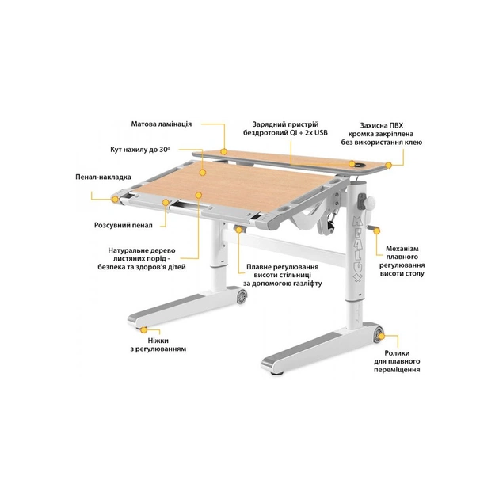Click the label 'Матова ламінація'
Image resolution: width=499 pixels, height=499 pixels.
coord(162,124)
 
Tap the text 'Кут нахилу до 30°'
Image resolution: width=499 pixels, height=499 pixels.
coord(140,150)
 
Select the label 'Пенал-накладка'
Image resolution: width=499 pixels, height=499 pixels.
coord(103,177)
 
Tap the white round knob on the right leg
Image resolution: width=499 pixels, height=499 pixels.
coord(370,203)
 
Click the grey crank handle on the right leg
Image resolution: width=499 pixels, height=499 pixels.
coord(373,228)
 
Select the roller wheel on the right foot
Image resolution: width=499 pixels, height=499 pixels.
coord(378,336)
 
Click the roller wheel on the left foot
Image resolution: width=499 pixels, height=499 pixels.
coord(242,296)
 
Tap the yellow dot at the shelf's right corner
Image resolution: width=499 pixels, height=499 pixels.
coord(388,166)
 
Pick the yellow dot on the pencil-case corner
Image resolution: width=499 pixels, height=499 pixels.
coord(115,200)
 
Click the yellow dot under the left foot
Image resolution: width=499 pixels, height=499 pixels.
coord(144,329)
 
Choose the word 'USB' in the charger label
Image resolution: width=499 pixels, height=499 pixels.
coord(321,133)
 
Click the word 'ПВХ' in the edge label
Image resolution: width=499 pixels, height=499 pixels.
coord(396,125)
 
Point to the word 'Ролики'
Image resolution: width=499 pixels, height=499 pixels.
coord(397,353)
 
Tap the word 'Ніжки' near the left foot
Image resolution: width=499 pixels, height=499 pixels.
coord(158,341)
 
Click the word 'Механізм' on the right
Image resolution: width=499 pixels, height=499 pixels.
coord(402,249)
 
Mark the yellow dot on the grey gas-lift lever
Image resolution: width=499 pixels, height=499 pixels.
coord(238,230)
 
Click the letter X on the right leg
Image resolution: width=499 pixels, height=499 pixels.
coord(358,278)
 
